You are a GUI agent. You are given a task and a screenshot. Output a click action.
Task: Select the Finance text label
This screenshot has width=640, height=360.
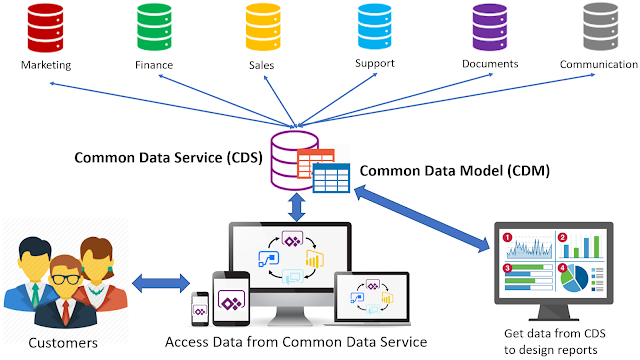[154, 66]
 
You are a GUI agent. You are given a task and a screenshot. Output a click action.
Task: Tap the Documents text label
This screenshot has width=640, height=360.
[490, 64]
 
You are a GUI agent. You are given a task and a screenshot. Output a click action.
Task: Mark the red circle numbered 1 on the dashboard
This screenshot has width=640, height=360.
[507, 238]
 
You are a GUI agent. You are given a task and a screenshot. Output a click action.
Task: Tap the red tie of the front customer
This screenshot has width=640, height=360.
[65, 304]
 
